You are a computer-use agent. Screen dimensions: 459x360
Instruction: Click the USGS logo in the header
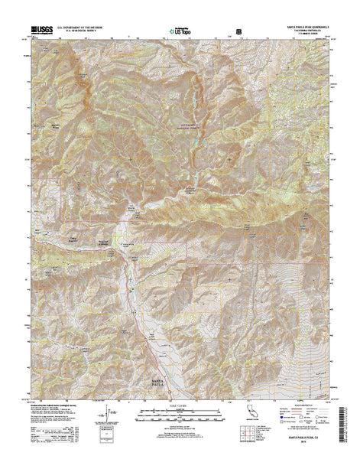coord(41,28)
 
